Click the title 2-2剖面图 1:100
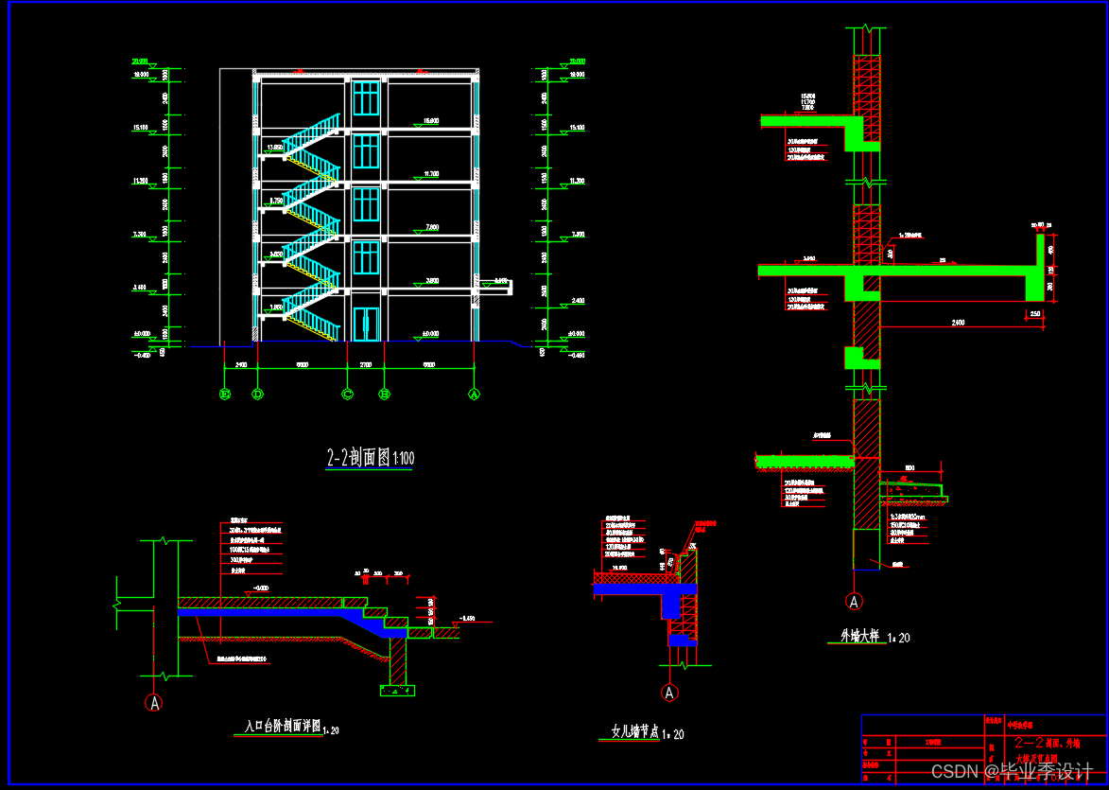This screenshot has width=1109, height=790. (370, 459)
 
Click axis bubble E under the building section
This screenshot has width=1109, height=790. (225, 394)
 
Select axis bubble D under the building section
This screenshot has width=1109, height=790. (257, 394)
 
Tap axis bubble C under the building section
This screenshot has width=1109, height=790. (348, 394)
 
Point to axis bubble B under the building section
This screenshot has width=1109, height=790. (384, 394)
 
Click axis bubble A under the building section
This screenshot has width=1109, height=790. (474, 394)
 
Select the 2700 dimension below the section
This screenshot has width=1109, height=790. (366, 364)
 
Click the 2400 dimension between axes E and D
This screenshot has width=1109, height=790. (240, 364)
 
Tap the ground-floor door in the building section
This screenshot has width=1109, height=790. (366, 324)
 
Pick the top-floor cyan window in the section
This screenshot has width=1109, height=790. (366, 98)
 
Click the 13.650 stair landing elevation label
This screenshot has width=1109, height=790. (275, 148)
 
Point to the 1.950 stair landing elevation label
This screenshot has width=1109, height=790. (275, 307)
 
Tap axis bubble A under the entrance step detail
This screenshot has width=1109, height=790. (154, 702)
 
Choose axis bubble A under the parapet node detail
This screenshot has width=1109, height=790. (670, 693)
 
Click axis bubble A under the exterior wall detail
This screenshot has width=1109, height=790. (854, 601)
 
